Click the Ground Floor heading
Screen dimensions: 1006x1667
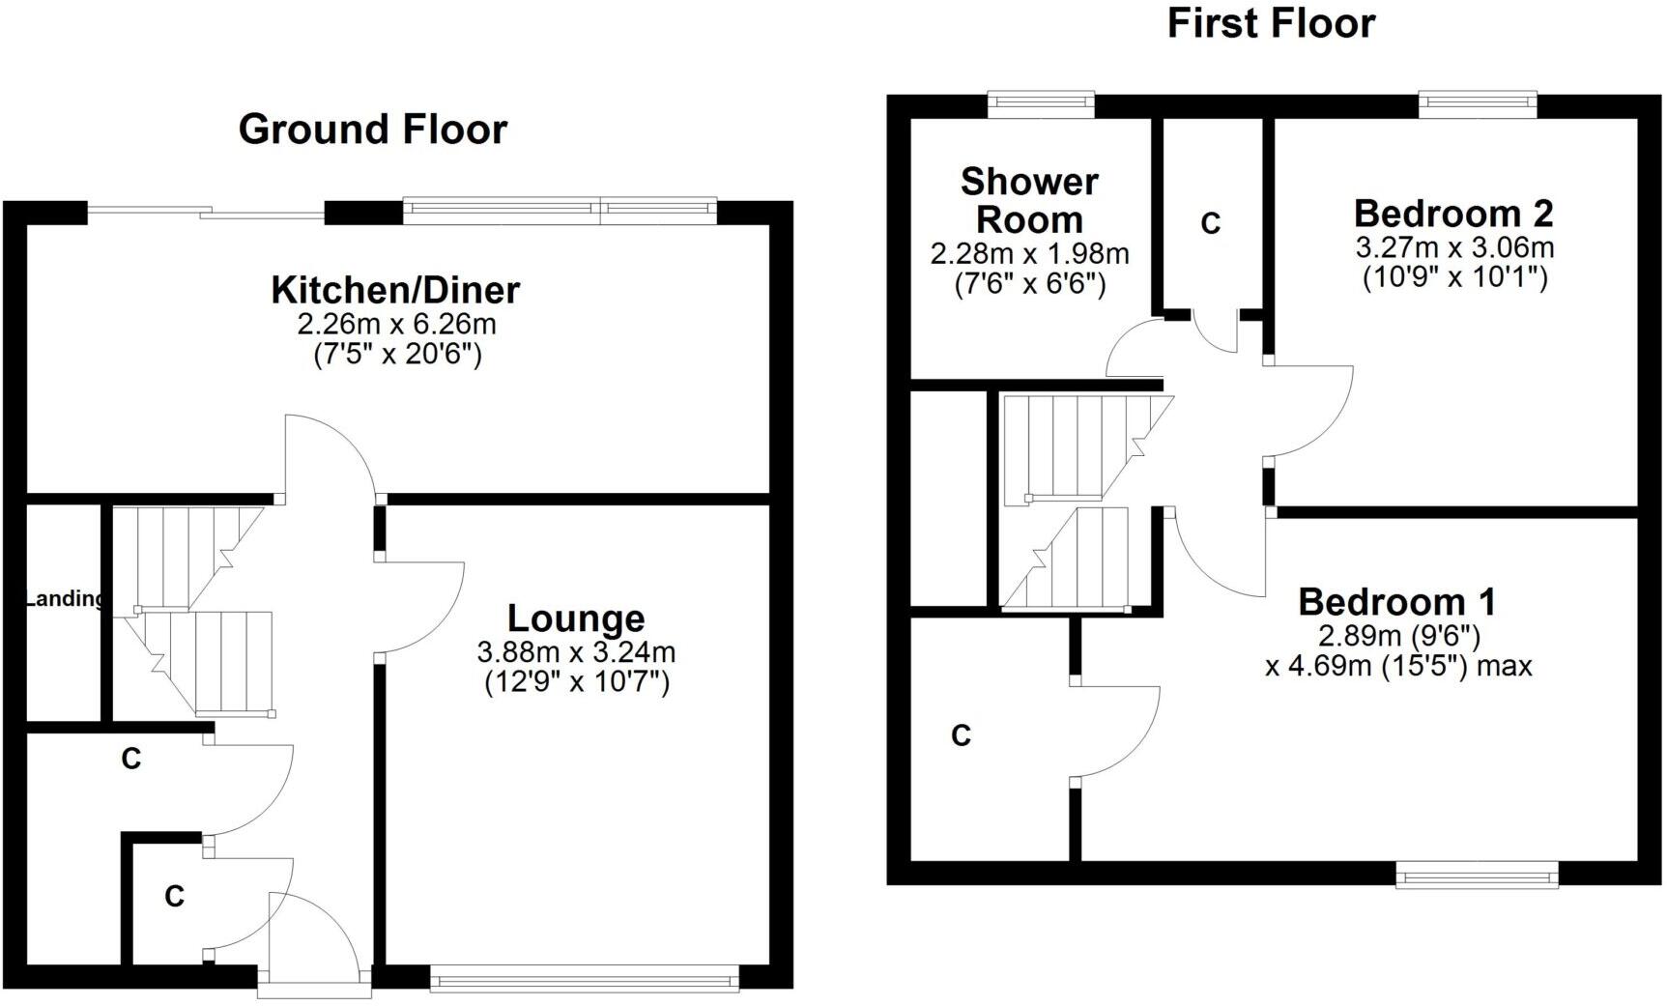(372, 129)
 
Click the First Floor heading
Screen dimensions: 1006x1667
(1271, 23)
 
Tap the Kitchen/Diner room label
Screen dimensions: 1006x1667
(395, 289)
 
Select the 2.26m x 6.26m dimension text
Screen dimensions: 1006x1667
(397, 324)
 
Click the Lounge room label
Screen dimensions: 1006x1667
(576, 618)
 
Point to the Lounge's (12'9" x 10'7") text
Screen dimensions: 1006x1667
(576, 683)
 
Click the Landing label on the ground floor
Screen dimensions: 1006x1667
(64, 599)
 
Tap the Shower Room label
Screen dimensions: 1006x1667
(1029, 201)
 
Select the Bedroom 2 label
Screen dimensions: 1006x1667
(1453, 213)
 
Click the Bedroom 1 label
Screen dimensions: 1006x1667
(1396, 602)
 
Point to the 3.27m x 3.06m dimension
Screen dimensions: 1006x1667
(1454, 247)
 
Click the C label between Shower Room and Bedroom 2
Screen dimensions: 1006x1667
(1210, 224)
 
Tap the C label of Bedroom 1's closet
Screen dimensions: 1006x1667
(961, 736)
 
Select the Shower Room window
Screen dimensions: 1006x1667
(1041, 103)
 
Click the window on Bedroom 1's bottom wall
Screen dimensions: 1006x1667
(1478, 877)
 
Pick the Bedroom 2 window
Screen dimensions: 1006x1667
(1478, 103)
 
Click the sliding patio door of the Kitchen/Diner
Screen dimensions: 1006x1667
(205, 212)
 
